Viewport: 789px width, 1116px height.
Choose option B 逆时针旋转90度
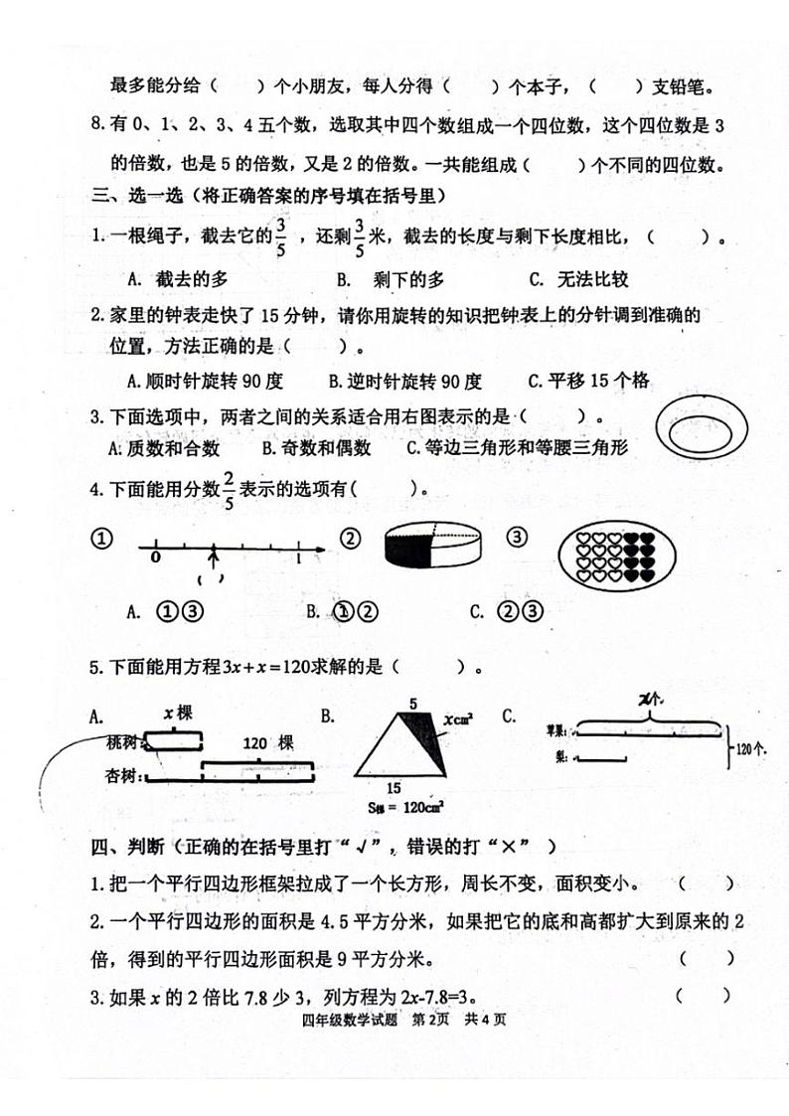coord(404,381)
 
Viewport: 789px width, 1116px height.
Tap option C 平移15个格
coord(588,381)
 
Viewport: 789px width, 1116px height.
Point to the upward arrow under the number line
coord(213,560)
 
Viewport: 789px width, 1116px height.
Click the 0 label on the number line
coord(155,558)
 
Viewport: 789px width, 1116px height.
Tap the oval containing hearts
coord(604,554)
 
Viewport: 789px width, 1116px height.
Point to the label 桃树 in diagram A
coord(124,741)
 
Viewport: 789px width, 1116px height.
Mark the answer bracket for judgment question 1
coord(708,883)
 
